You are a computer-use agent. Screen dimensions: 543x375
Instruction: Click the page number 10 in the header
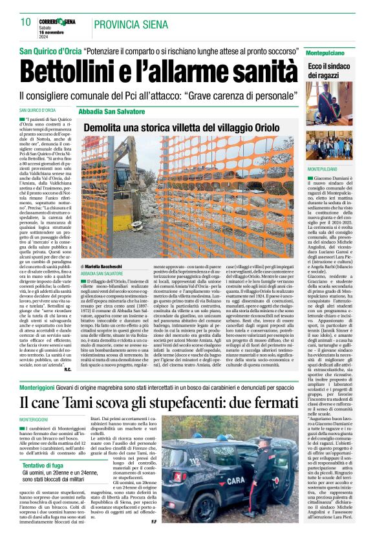(25, 23)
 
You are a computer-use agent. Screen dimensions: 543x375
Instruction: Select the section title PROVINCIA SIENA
(130, 25)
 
